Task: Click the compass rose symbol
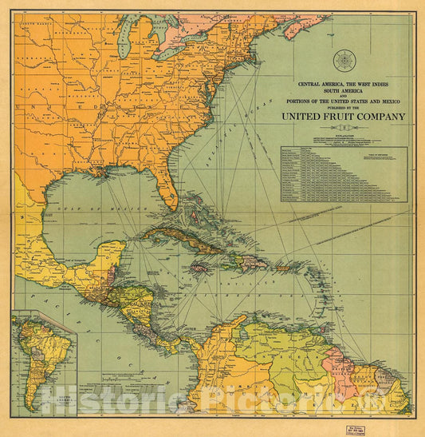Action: [x=345, y=59]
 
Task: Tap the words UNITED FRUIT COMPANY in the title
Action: [x=343, y=116]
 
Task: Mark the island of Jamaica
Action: [x=199, y=268]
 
